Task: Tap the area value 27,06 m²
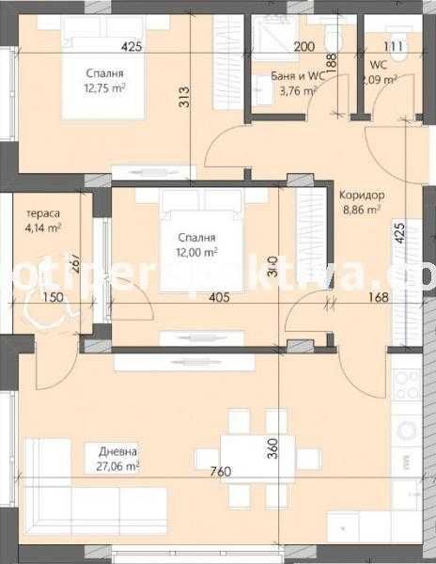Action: click(x=117, y=465)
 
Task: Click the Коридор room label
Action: click(x=361, y=195)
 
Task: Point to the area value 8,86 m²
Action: click(x=361, y=211)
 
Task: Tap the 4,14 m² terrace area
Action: click(x=43, y=227)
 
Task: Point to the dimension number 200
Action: click(x=304, y=45)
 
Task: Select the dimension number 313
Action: click(x=184, y=99)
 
